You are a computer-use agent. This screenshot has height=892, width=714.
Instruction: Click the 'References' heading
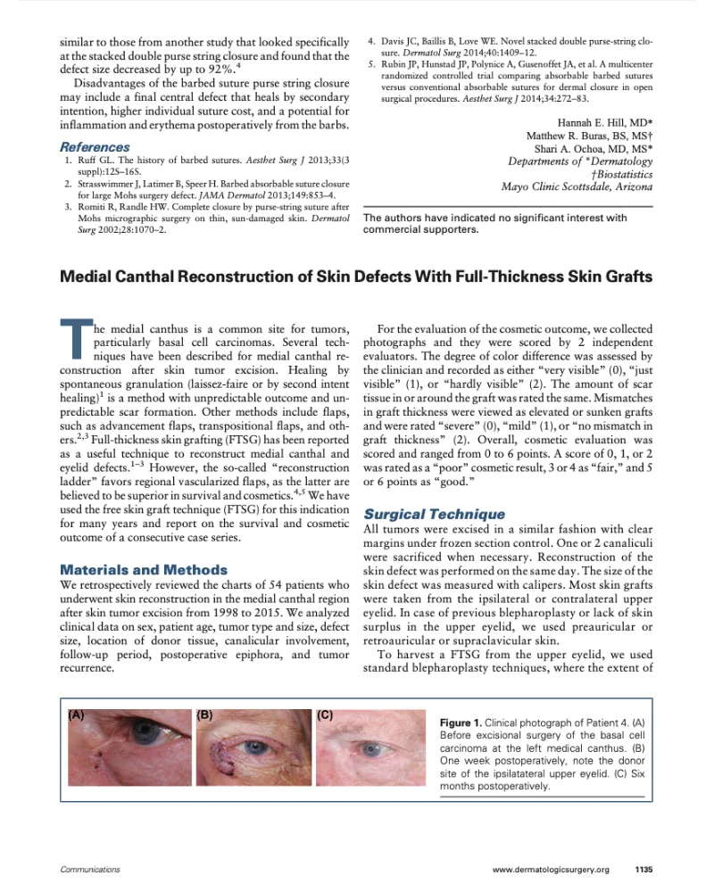pyautogui.click(x=95, y=146)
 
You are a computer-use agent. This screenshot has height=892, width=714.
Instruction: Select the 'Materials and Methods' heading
pyautogui.click(x=143, y=569)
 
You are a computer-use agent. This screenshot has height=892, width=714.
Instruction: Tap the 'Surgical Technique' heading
pyautogui.click(x=434, y=514)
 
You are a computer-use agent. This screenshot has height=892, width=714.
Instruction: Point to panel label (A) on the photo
pyautogui.click(x=78, y=714)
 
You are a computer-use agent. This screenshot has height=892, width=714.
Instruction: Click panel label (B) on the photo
pyautogui.click(x=204, y=714)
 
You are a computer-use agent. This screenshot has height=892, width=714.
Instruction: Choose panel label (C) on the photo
pyautogui.click(x=326, y=714)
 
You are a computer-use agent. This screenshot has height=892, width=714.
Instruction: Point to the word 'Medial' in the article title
pyautogui.click(x=87, y=277)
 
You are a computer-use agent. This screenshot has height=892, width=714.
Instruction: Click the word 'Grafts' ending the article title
pyautogui.click(x=627, y=277)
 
